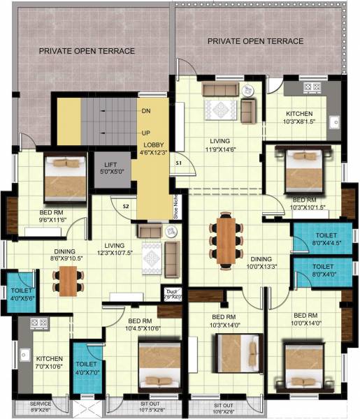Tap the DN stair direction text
(x=146, y=111)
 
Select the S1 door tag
(x=179, y=163)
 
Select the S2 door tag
(x=127, y=206)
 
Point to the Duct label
(x=171, y=294)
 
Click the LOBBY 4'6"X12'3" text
(x=152, y=149)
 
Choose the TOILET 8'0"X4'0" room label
(x=323, y=271)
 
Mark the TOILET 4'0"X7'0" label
(x=87, y=368)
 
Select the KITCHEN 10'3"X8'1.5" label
(x=299, y=117)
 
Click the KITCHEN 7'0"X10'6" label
(x=49, y=361)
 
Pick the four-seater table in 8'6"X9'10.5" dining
(x=68, y=279)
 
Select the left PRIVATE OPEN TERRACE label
(x=87, y=51)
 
